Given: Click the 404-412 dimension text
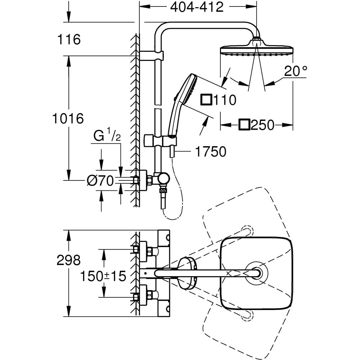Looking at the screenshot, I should (x=197, y=7).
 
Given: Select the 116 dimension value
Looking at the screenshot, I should (x=68, y=40).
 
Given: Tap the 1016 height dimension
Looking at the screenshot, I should (x=68, y=118).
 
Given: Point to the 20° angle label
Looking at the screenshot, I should (x=296, y=71).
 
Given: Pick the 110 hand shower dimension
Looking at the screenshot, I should (x=224, y=100).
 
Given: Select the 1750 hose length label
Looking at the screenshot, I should (x=210, y=152).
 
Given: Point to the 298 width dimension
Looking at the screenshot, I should (x=68, y=260).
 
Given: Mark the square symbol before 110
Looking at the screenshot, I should (x=206, y=99).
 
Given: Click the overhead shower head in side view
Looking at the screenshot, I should (x=256, y=50).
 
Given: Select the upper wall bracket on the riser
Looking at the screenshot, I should (x=151, y=55).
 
